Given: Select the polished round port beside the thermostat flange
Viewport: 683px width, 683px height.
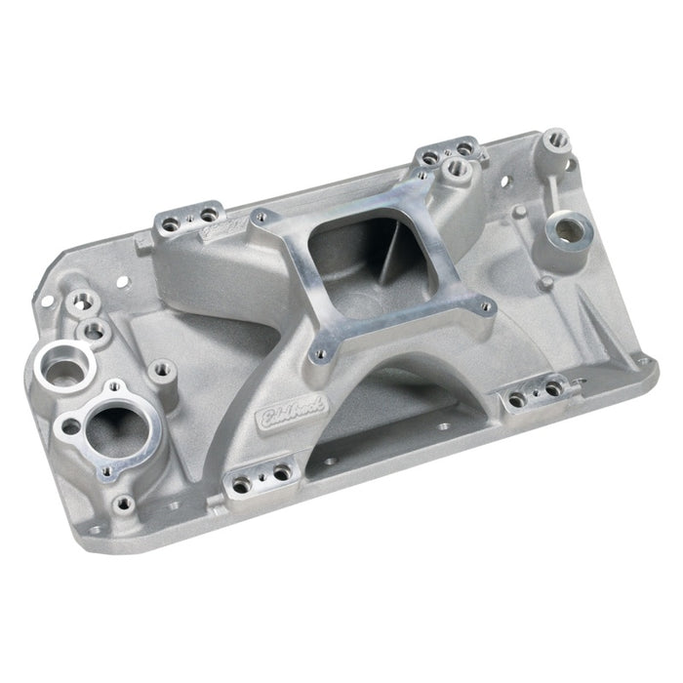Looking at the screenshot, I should coord(64,368).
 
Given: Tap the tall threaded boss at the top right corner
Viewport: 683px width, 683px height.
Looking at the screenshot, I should coord(557,141).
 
